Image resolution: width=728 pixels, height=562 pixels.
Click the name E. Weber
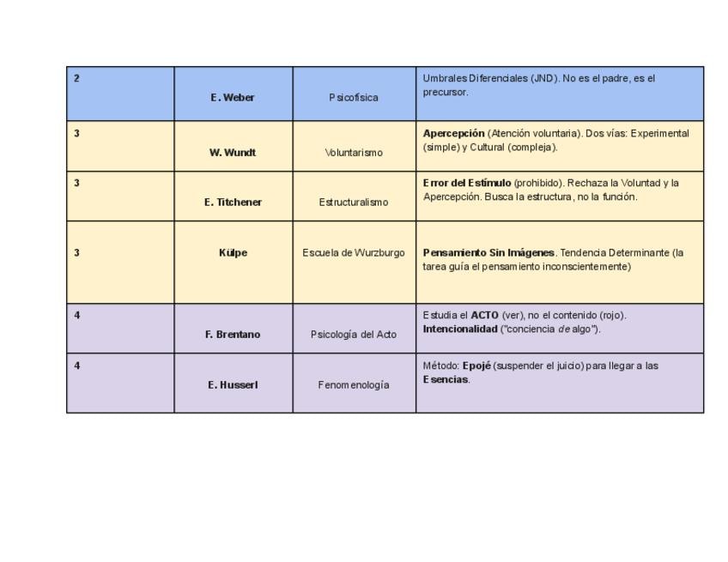(232, 98)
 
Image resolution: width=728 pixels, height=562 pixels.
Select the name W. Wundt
(233, 153)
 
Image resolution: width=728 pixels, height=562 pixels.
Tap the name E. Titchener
(233, 202)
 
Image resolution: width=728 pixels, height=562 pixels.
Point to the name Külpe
(233, 253)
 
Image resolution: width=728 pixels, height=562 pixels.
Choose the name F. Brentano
(233, 335)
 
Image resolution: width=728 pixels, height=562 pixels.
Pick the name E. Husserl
(233, 385)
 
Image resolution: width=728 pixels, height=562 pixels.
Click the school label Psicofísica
(353, 98)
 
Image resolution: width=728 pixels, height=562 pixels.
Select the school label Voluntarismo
(354, 153)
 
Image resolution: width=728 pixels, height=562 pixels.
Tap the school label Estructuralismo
(354, 202)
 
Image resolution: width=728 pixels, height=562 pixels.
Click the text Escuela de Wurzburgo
(354, 253)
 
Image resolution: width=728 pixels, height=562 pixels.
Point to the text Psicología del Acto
(354, 335)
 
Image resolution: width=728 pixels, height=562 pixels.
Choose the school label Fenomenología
(354, 385)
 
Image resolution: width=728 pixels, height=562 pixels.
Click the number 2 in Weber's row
(76, 78)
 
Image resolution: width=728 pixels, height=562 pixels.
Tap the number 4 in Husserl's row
(76, 366)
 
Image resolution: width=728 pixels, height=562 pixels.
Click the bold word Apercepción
(453, 134)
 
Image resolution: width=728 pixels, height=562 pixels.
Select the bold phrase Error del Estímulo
(467, 183)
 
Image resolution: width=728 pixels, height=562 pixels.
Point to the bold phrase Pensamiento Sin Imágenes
(488, 253)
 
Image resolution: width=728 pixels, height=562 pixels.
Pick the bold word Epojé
(476, 366)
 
